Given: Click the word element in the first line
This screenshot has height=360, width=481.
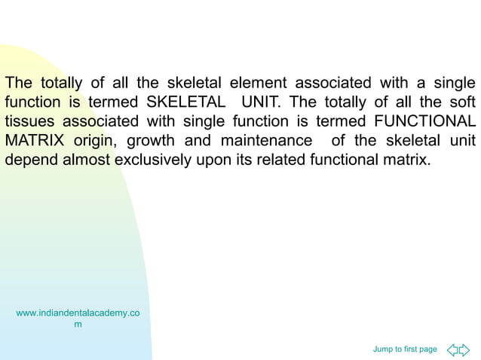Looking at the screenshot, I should pos(259,82).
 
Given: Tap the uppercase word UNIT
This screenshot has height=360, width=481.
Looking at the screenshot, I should pos(259,102).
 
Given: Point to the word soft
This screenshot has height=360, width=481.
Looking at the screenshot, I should pos(459,102).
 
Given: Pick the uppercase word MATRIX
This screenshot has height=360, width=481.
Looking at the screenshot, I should pos(35,141).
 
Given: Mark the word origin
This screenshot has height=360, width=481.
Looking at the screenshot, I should pos(95,141).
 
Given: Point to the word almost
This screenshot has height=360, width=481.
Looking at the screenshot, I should pos(87,160).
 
